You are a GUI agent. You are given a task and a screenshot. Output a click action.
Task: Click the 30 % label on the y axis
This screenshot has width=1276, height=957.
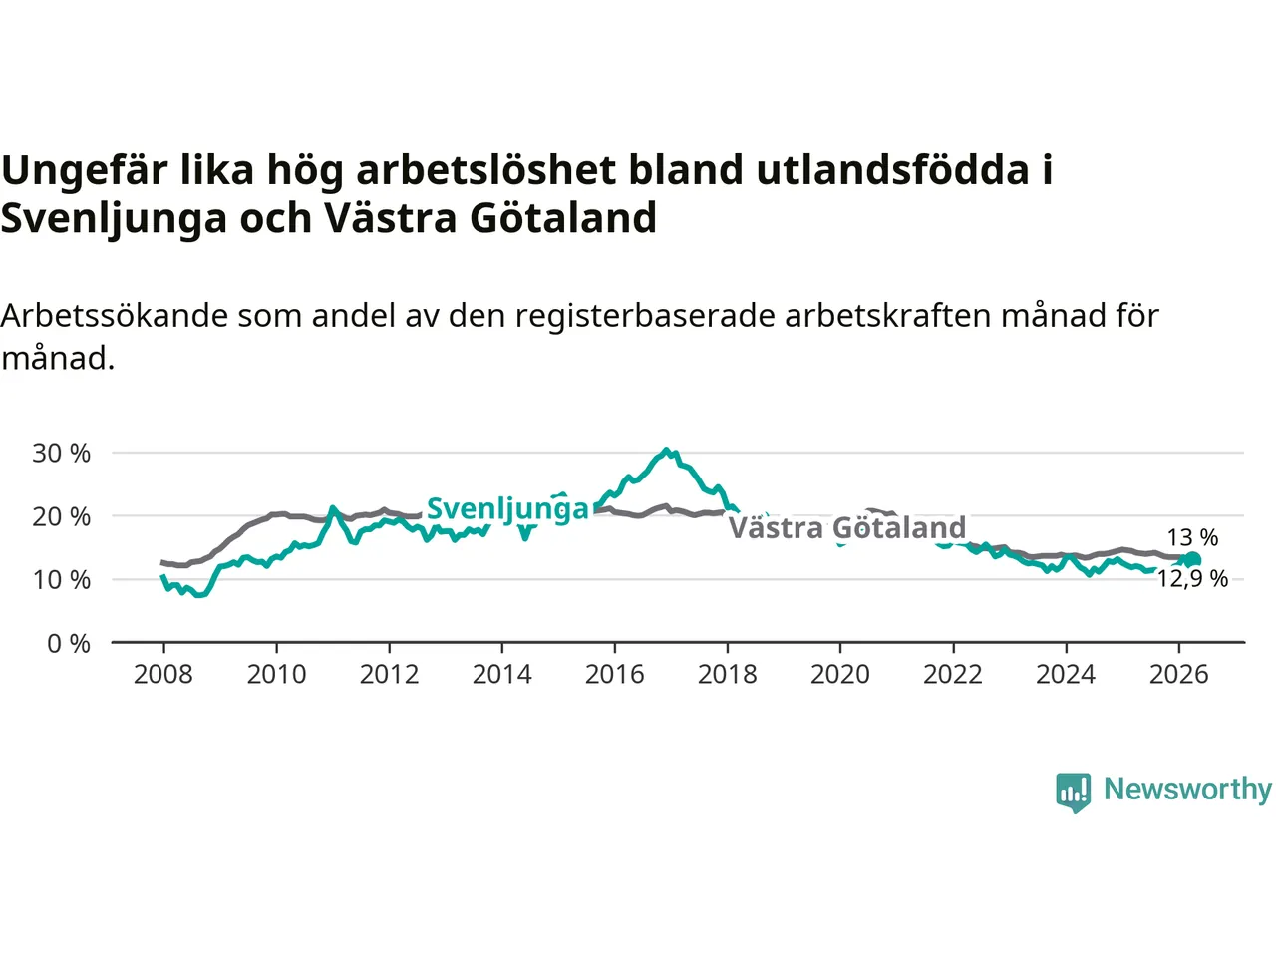[x=61, y=453]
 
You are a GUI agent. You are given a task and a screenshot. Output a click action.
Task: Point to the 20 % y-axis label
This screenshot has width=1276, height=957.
[x=61, y=516]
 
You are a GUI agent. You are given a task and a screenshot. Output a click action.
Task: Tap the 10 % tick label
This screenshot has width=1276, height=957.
[x=61, y=580]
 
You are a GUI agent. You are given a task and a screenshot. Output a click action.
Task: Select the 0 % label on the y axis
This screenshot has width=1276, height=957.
[x=69, y=644]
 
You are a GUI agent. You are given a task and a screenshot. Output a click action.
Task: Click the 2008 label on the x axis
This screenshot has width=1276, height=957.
[x=163, y=675]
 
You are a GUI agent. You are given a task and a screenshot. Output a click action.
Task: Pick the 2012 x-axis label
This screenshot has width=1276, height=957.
[x=389, y=675]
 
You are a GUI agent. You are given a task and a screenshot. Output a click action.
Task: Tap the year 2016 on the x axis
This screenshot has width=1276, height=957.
[x=614, y=675]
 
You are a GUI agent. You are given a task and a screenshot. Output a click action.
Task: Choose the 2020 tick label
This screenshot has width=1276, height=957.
[x=840, y=675]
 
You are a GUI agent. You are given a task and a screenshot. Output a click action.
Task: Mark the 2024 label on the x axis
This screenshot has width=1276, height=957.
[x=1066, y=675]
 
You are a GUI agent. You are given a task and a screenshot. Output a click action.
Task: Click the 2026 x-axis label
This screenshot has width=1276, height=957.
[x=1179, y=675]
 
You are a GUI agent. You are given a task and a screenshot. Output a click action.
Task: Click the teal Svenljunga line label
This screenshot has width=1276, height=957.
[x=508, y=510]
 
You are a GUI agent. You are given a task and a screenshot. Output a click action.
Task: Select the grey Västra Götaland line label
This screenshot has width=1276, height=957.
[x=847, y=528]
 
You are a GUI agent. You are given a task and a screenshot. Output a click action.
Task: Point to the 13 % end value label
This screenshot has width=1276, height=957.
[x=1193, y=537]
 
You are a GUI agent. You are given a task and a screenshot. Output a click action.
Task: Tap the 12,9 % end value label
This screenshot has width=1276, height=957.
[x=1192, y=579]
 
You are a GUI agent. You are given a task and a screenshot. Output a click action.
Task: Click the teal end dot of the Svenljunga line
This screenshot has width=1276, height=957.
[x=1192, y=560]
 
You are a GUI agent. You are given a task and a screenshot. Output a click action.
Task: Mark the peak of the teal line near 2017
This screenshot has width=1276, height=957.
[x=667, y=450]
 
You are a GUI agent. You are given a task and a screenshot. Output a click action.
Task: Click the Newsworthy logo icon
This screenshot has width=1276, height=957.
[x=1073, y=793]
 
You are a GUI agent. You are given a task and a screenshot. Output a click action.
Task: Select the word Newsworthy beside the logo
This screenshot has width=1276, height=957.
[x=1187, y=790]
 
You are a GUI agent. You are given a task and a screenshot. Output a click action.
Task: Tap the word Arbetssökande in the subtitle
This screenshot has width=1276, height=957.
[x=114, y=316]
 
